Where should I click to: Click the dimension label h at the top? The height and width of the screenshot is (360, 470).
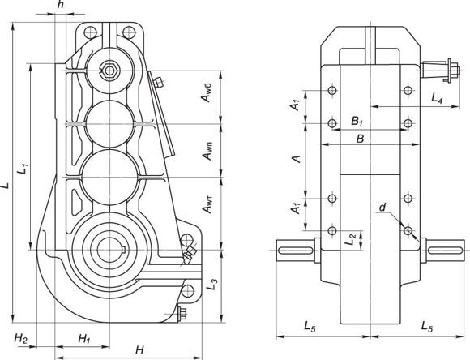(x=61, y=5)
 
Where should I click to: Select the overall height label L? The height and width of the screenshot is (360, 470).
(x=5, y=186)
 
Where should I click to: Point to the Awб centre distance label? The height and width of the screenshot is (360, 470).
(x=207, y=92)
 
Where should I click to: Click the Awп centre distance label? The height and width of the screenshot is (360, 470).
(x=207, y=151)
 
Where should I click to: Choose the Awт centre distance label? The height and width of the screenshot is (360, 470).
(x=207, y=204)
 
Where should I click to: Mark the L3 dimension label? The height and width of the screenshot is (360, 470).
(x=212, y=284)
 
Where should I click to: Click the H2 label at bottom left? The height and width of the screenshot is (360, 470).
(x=21, y=339)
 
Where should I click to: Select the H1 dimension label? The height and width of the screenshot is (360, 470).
(x=84, y=339)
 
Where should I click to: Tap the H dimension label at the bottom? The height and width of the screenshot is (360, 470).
(x=139, y=349)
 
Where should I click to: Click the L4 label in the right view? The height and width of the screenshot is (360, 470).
(x=437, y=98)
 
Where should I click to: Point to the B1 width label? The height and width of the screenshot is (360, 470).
(x=357, y=122)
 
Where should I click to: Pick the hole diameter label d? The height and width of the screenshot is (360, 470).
(x=382, y=208)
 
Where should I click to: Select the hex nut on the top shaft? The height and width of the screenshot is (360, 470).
(x=109, y=71)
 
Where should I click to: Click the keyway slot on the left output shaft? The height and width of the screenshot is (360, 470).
(x=296, y=250)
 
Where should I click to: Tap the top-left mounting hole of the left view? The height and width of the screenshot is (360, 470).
(x=90, y=32)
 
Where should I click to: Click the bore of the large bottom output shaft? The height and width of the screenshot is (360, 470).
(x=109, y=250)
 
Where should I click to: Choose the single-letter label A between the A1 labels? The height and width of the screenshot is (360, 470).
(x=297, y=158)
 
